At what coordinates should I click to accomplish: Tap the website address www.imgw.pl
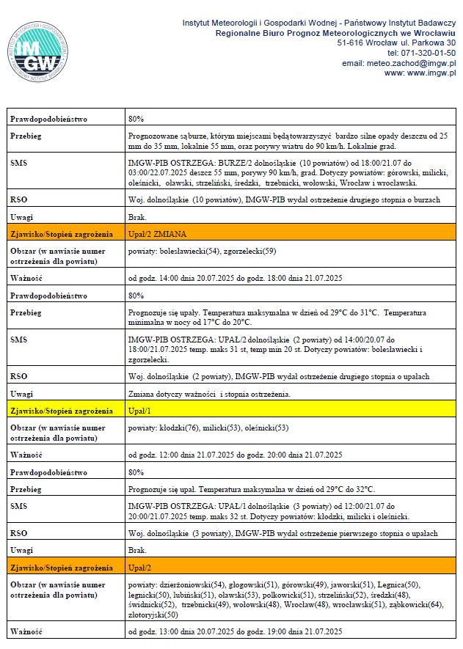[431, 73]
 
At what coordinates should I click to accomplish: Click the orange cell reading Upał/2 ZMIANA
[157, 234]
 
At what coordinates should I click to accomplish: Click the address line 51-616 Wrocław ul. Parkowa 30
[396, 43]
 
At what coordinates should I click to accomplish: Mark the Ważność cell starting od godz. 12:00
[235, 455]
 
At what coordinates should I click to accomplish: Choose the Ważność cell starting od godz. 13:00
[235, 631]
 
